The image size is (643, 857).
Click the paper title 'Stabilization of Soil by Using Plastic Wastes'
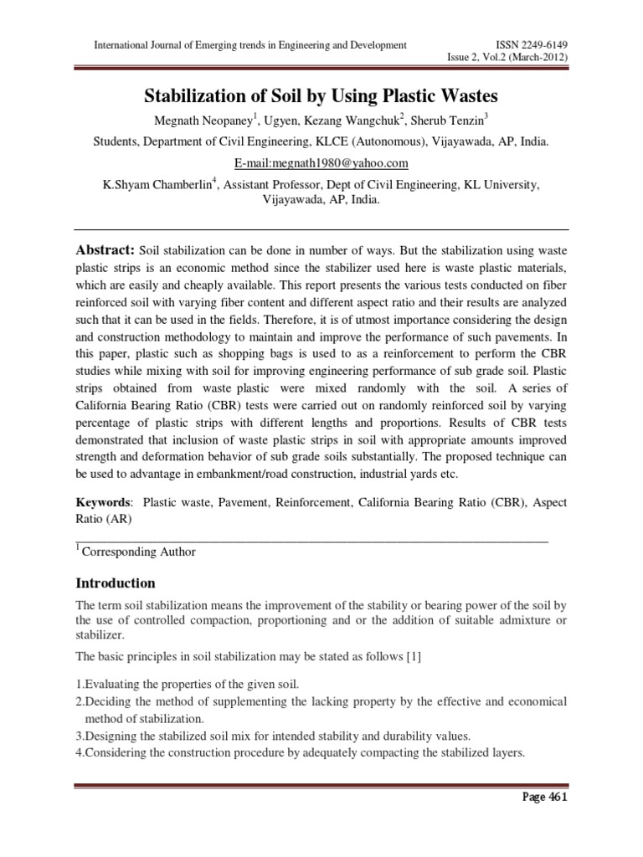click(321, 95)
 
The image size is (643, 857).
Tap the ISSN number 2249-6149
click(527, 44)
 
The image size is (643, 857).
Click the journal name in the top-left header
click(240, 44)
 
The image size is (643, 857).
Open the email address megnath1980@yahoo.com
click(321, 162)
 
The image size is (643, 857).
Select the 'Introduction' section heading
click(116, 582)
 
